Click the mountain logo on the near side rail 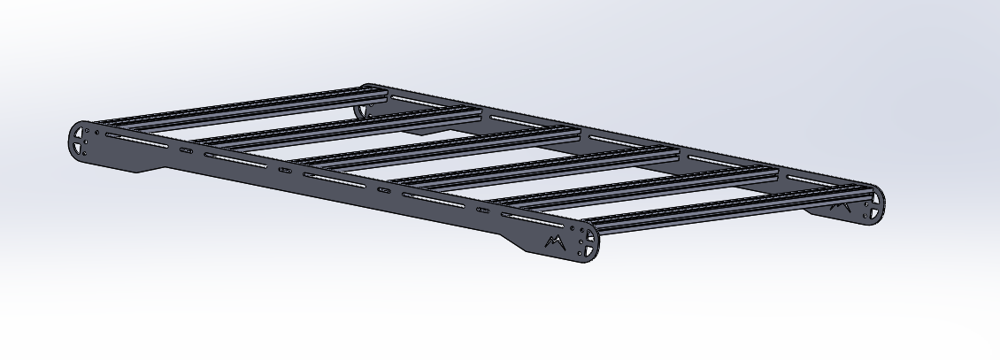pyautogui.click(x=555, y=241)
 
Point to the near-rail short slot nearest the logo pyautogui.click(x=483, y=211)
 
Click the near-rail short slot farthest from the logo pyautogui.click(x=186, y=151)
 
